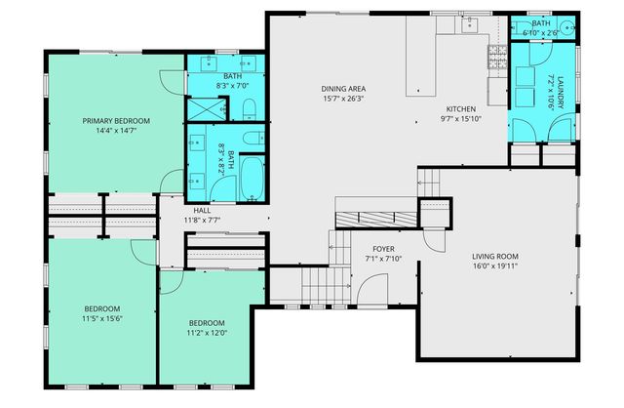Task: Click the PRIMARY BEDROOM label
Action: click(115, 121)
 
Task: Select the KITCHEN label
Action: click(460, 108)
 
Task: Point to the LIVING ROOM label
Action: click(494, 255)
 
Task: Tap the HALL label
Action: click(202, 210)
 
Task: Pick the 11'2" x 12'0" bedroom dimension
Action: click(207, 333)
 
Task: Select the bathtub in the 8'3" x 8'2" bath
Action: click(251, 181)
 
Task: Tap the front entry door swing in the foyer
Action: click(368, 288)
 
